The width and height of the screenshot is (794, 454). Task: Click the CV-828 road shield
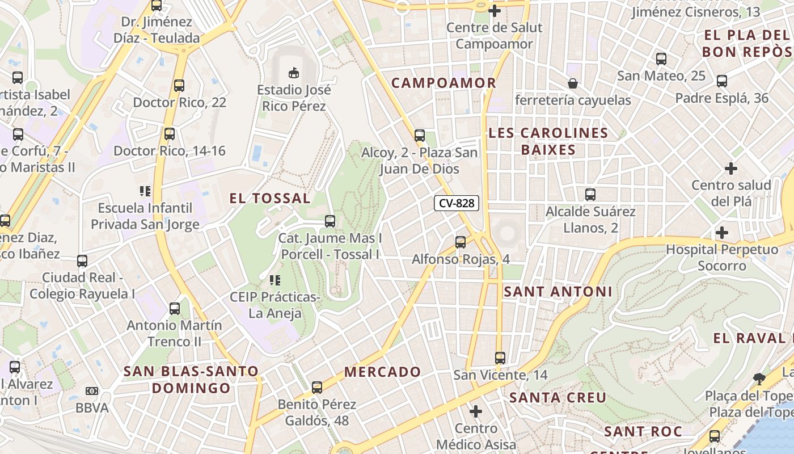tap(457, 203)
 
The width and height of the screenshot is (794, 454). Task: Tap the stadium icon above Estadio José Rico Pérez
tap(294, 73)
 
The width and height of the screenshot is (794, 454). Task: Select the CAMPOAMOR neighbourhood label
tap(444, 83)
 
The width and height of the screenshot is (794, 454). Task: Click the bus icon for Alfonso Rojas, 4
tap(461, 242)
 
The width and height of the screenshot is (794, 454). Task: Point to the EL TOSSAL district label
tap(270, 198)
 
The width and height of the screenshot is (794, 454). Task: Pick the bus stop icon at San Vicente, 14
tap(500, 358)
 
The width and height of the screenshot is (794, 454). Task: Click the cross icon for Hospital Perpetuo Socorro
tap(721, 233)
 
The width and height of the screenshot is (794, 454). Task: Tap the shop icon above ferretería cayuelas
tap(573, 84)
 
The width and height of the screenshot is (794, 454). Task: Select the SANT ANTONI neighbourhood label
tap(558, 292)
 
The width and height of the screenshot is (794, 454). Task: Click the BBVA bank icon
tap(91, 391)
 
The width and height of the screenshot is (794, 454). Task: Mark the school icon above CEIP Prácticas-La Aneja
tap(275, 280)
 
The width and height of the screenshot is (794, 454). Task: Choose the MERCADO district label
tap(382, 372)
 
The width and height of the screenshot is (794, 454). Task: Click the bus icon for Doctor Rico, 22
tap(179, 86)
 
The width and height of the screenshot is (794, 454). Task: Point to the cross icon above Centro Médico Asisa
tap(476, 411)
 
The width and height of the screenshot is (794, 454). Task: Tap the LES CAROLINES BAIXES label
tap(548, 141)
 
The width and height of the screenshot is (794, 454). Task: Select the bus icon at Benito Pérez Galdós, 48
tap(317, 388)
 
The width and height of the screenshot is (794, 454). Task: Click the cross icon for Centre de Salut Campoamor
tap(494, 10)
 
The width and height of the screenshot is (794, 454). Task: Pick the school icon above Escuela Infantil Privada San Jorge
tap(145, 191)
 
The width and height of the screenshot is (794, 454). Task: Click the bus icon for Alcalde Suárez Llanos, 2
tap(590, 195)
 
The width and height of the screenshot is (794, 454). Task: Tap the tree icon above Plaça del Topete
tap(759, 379)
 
